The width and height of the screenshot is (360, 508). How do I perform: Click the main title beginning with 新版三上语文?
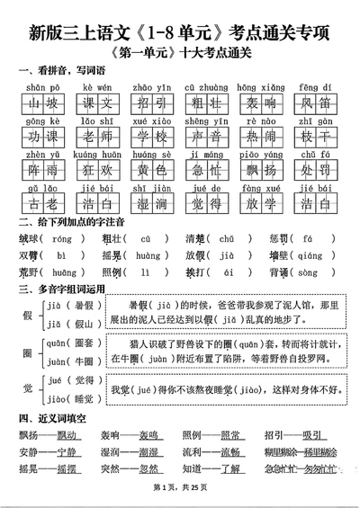click(180, 35)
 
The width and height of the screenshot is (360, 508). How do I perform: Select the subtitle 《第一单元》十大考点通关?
click(180, 55)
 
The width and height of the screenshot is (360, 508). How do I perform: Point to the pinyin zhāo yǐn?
click(148, 86)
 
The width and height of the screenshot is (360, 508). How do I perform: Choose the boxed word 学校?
click(148, 138)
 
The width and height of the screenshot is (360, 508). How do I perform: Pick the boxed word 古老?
click(42, 204)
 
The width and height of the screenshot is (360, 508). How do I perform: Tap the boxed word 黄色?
click(148, 171)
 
